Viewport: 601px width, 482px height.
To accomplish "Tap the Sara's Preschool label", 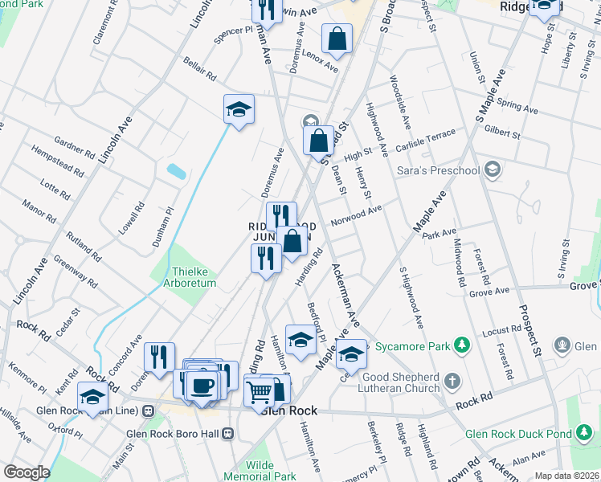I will [x=438, y=170].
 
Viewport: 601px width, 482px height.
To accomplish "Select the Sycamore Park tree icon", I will [x=462, y=345].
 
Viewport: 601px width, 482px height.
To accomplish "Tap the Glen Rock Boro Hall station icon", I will [x=228, y=434].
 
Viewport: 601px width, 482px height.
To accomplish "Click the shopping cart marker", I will [x=260, y=392].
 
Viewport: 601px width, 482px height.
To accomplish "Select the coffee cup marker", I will [x=202, y=386].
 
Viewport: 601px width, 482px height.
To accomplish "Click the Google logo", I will [x=27, y=472].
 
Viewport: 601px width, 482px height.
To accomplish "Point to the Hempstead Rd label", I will [x=58, y=161].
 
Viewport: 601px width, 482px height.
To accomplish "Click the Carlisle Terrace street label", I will [x=431, y=138].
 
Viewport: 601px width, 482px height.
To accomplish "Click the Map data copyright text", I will [x=567, y=476].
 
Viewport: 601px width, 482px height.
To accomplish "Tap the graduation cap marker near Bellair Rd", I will [x=239, y=110].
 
